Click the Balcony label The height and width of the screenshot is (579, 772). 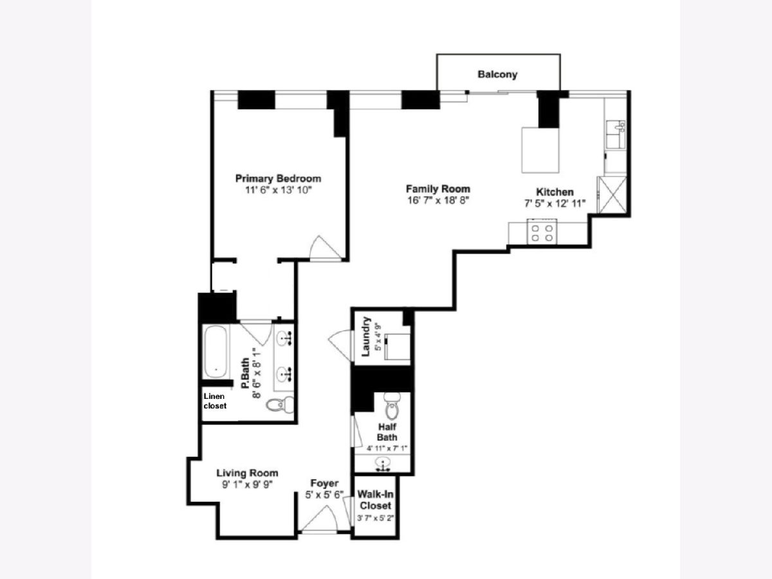(497, 75)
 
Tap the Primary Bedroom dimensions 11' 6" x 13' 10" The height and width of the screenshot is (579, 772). (279, 190)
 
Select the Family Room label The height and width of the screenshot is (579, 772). (438, 188)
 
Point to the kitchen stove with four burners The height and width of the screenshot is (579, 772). (542, 232)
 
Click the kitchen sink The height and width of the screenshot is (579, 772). (616, 134)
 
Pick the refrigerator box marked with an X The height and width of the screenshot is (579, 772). (612, 195)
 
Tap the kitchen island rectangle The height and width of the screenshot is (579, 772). (540, 150)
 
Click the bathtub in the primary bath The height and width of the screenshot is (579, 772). (216, 351)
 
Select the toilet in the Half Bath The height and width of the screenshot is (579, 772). (392, 406)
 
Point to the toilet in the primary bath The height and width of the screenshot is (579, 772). (280, 404)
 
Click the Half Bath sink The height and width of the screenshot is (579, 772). (383, 463)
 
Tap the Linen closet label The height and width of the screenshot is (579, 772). (215, 401)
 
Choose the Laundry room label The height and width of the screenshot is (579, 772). (366, 336)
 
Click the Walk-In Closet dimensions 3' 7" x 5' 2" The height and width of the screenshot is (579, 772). (375, 518)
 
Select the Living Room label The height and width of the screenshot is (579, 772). (247, 473)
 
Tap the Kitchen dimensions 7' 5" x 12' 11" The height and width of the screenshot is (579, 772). (555, 203)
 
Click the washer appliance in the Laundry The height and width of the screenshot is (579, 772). (397, 347)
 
